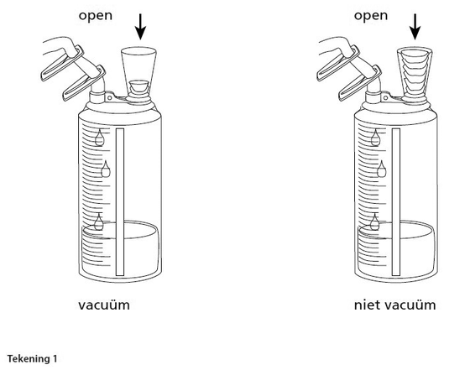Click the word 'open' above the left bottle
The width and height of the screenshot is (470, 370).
96,16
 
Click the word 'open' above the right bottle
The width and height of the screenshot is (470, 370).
371,16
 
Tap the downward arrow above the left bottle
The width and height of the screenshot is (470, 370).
140,27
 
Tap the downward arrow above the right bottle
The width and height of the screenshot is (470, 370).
415,27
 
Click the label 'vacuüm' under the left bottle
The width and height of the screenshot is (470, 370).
104,305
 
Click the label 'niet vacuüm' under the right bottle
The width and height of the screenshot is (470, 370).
394,305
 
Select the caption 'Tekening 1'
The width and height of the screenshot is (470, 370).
32,358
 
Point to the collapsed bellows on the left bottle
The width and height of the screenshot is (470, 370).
139,87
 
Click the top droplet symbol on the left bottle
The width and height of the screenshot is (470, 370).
100,138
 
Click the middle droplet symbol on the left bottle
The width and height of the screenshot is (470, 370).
106,169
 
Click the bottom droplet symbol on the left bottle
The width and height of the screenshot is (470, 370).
99,222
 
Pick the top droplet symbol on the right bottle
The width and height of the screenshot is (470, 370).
375,138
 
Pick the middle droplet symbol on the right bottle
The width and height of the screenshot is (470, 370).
381,169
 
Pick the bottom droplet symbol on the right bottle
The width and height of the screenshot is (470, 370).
374,222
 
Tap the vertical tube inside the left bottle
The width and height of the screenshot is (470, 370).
120,201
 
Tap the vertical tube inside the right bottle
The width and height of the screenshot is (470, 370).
396,201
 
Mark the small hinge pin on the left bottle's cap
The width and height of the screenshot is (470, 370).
110,97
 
